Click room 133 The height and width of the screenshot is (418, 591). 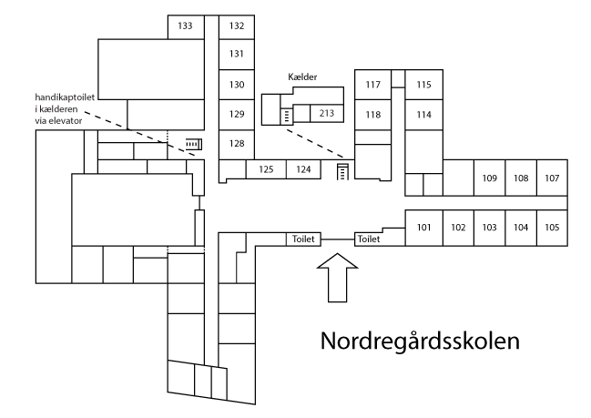[185, 26]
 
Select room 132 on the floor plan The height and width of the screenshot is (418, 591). [237, 26]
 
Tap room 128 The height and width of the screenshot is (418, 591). [237, 144]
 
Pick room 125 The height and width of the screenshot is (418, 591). [266, 168]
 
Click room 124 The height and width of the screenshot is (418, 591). [303, 168]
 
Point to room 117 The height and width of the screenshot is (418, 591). [372, 85]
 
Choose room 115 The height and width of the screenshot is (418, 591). [423, 85]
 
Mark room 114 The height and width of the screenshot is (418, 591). [423, 115]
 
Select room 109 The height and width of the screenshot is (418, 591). [489, 178]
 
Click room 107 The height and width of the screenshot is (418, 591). [552, 178]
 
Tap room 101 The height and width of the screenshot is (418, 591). [423, 227]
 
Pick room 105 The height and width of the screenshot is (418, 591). [552, 227]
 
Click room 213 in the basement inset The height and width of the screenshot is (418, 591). [326, 114]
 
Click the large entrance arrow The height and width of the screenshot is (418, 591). [335, 279]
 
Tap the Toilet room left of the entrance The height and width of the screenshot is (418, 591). [303, 239]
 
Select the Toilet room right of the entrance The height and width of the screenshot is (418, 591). [369, 239]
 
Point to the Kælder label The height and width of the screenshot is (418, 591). [301, 78]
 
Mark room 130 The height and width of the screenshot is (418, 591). [237, 85]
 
